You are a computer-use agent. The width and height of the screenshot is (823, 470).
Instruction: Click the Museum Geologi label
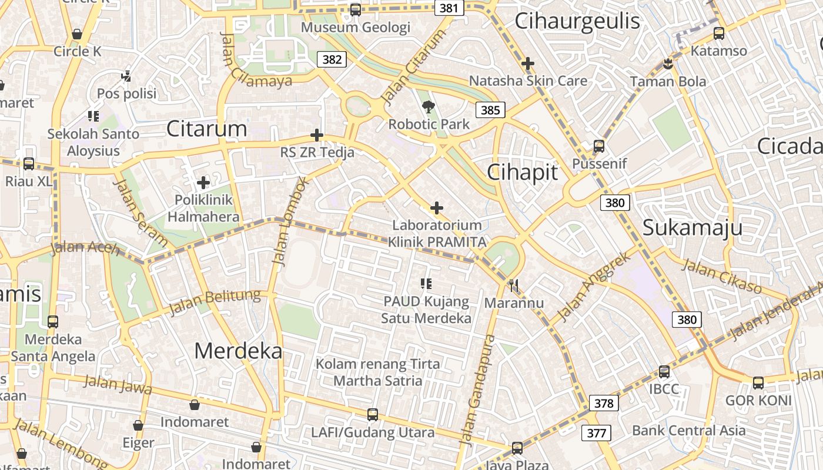[356, 27]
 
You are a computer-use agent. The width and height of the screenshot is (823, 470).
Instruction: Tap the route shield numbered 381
[449, 8]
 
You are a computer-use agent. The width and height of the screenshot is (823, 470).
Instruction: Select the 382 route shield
[332, 59]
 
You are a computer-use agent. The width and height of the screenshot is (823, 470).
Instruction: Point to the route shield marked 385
[490, 110]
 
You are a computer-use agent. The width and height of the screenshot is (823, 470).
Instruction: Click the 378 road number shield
[604, 403]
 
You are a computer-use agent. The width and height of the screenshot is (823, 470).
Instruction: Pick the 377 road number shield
[596, 434]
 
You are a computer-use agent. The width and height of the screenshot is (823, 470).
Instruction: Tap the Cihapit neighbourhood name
[522, 172]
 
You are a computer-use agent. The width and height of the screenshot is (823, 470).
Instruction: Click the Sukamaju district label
[692, 227]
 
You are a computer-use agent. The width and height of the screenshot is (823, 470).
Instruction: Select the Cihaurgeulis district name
[577, 21]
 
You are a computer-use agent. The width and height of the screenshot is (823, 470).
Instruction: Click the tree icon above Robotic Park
[429, 107]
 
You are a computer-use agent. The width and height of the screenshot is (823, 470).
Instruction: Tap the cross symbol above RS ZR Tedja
[317, 136]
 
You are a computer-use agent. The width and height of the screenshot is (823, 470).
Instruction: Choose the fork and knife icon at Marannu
[514, 286]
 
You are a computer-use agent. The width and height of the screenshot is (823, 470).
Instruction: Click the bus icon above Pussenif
[599, 146]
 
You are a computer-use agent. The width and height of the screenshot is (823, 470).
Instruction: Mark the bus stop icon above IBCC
[664, 372]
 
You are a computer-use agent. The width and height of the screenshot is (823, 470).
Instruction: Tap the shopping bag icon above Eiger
[138, 425]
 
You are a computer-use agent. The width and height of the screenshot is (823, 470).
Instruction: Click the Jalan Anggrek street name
[593, 286]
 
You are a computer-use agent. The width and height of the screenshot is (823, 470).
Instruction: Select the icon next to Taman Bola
[668, 64]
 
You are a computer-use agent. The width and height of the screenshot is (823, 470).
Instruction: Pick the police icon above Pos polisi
[126, 76]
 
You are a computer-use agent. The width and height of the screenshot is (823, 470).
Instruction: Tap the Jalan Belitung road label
[214, 301]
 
